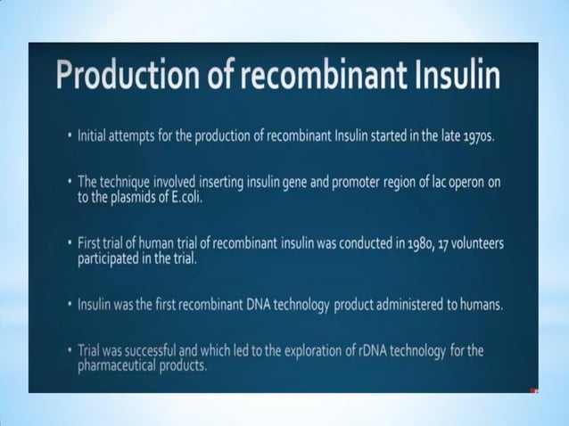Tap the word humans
pos(481,305)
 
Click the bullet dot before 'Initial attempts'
pos(69,137)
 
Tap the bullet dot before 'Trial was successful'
pos(69,351)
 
